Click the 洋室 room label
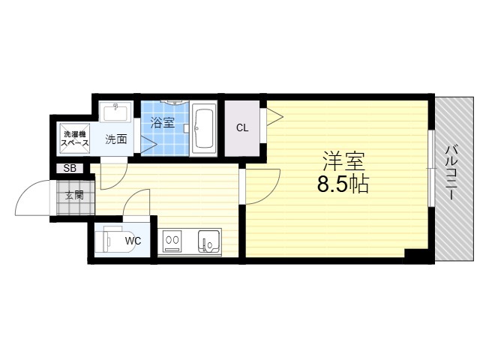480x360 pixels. point(343,161)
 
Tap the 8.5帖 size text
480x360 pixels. point(343,184)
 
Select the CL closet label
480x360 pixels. point(242,128)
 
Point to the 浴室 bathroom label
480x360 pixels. point(162,122)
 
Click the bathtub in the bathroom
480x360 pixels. point(203,128)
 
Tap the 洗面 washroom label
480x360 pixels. point(116,139)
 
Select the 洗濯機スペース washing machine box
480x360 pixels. point(75,138)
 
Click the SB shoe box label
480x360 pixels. point(70,168)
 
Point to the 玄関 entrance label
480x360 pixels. point(74,195)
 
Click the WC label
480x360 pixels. point(133,241)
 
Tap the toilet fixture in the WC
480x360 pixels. point(113,239)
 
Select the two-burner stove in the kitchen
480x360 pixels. point(172,241)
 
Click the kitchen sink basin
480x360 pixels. point(209,241)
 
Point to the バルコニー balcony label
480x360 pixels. point(451,173)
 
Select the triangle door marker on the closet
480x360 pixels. point(275,117)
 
